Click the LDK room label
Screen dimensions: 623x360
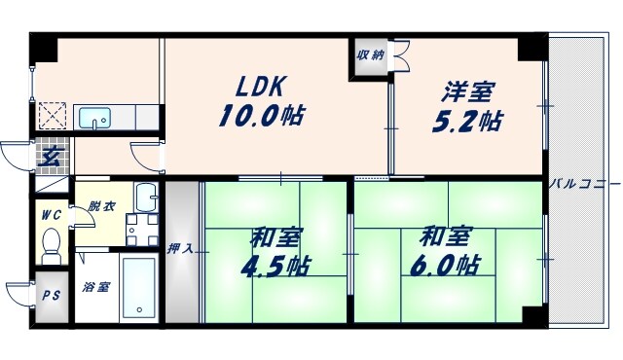coord(255,85)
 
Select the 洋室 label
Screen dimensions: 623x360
coord(468,93)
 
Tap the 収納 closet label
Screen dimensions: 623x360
coord(369,55)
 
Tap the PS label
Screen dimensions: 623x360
coord(49,297)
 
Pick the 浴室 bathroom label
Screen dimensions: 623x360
coord(95,288)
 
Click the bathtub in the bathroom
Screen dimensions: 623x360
coord(140,287)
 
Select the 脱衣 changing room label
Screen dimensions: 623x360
coord(100,206)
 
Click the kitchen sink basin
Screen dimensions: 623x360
coord(95,119)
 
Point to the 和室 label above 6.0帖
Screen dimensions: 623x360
coord(447,236)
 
